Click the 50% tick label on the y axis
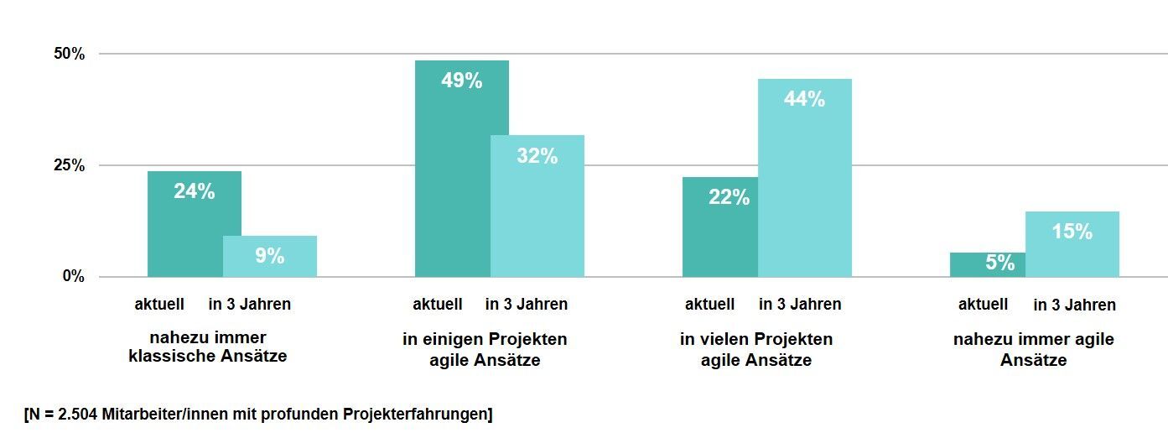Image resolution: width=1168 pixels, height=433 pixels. [70, 54]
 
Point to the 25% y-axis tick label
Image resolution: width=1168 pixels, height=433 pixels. [70, 165]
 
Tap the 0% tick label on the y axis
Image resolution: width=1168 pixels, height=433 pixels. [74, 276]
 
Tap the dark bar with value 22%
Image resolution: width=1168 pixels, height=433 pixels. [720, 227]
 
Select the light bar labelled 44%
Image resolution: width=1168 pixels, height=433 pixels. [805, 178]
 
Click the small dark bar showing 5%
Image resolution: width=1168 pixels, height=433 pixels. [988, 264]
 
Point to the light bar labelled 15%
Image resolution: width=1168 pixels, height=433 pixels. [1072, 244]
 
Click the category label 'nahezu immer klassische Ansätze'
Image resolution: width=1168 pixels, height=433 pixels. [208, 347]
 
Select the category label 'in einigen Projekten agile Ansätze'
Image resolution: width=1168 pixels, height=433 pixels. [485, 350]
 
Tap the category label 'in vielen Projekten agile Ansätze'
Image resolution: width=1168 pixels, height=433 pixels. [756, 350]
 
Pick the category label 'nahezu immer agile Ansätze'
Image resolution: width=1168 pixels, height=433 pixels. [1033, 350]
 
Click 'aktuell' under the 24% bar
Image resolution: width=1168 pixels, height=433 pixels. [159, 304]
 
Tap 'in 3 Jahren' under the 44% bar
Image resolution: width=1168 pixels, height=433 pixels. [800, 304]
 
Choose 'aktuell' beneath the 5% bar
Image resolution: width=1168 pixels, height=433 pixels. [983, 304]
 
